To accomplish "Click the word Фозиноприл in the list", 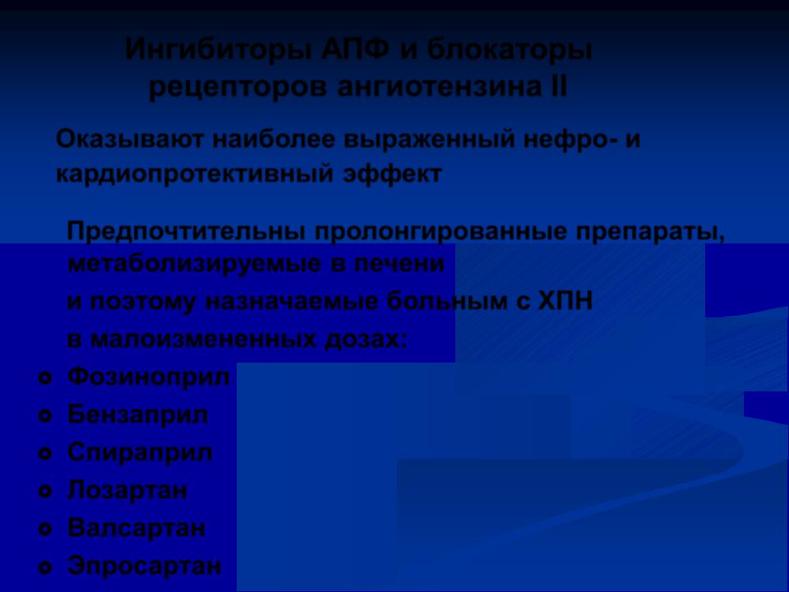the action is tap(149, 377).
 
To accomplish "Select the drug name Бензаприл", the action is tap(137, 414).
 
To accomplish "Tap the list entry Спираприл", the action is tap(140, 452).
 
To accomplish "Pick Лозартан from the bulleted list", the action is tap(127, 490).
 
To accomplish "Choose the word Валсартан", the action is tap(136, 528).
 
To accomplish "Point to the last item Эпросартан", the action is tap(145, 566).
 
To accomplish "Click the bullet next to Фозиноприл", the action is tap(45, 378).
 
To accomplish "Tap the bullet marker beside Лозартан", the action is tap(45, 492).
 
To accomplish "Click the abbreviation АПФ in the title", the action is tap(355, 50).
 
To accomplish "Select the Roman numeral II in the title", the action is tap(556, 86).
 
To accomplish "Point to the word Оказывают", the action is tap(130, 140).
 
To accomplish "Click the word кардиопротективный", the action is tap(195, 174).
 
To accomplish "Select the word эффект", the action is tap(393, 174).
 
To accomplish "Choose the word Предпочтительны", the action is tap(187, 232).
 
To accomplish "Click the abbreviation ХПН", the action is tap(565, 302).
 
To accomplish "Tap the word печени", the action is tap(399, 264).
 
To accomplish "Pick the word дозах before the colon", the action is tap(362, 340).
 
